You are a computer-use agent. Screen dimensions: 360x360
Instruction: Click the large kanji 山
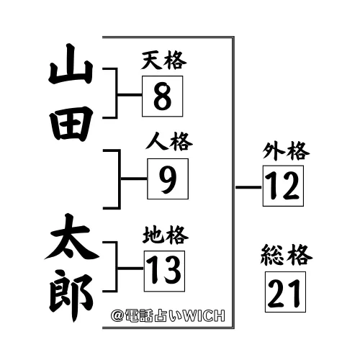[71, 64]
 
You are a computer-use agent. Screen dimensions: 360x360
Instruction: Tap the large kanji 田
[71, 124]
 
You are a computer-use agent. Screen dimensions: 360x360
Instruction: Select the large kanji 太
[71, 236]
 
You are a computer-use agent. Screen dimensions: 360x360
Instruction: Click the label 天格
[163, 60]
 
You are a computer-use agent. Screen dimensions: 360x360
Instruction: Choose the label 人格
[169, 141]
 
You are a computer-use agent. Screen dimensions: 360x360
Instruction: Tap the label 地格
[166, 235]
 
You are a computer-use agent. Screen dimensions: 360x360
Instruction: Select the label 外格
[286, 151]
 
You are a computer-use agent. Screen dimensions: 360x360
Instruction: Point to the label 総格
[287, 255]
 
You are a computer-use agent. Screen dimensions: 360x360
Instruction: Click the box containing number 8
[163, 96]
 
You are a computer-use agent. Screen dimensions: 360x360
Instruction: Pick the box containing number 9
[168, 179]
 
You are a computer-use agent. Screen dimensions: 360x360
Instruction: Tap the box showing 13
[164, 271]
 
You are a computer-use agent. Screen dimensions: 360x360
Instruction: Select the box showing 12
[283, 186]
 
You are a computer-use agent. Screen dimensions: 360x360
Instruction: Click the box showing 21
[285, 292]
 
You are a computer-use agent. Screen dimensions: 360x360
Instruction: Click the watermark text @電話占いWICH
[168, 315]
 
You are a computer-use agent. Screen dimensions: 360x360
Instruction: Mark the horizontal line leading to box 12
[248, 187]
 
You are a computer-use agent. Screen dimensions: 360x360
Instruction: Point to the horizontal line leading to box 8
[130, 95]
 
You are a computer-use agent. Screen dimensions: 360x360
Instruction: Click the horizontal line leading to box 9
[134, 179]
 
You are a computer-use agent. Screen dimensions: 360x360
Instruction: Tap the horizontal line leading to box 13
[131, 268]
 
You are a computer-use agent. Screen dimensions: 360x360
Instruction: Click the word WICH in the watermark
[204, 315]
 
